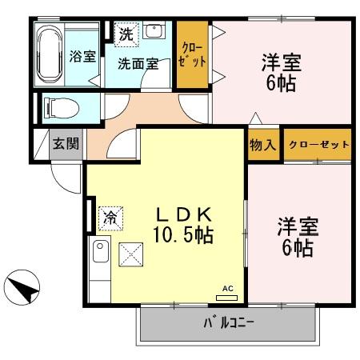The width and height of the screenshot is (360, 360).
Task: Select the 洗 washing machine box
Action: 126,34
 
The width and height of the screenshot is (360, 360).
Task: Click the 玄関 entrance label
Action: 65,144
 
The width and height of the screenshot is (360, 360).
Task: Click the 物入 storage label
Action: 262,145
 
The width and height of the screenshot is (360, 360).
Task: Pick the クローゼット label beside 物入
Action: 318,145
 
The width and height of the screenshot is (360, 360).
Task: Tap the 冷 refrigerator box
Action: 112,216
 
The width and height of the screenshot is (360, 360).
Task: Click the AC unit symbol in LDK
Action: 226,295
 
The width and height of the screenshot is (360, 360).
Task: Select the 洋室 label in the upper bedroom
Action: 282,62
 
